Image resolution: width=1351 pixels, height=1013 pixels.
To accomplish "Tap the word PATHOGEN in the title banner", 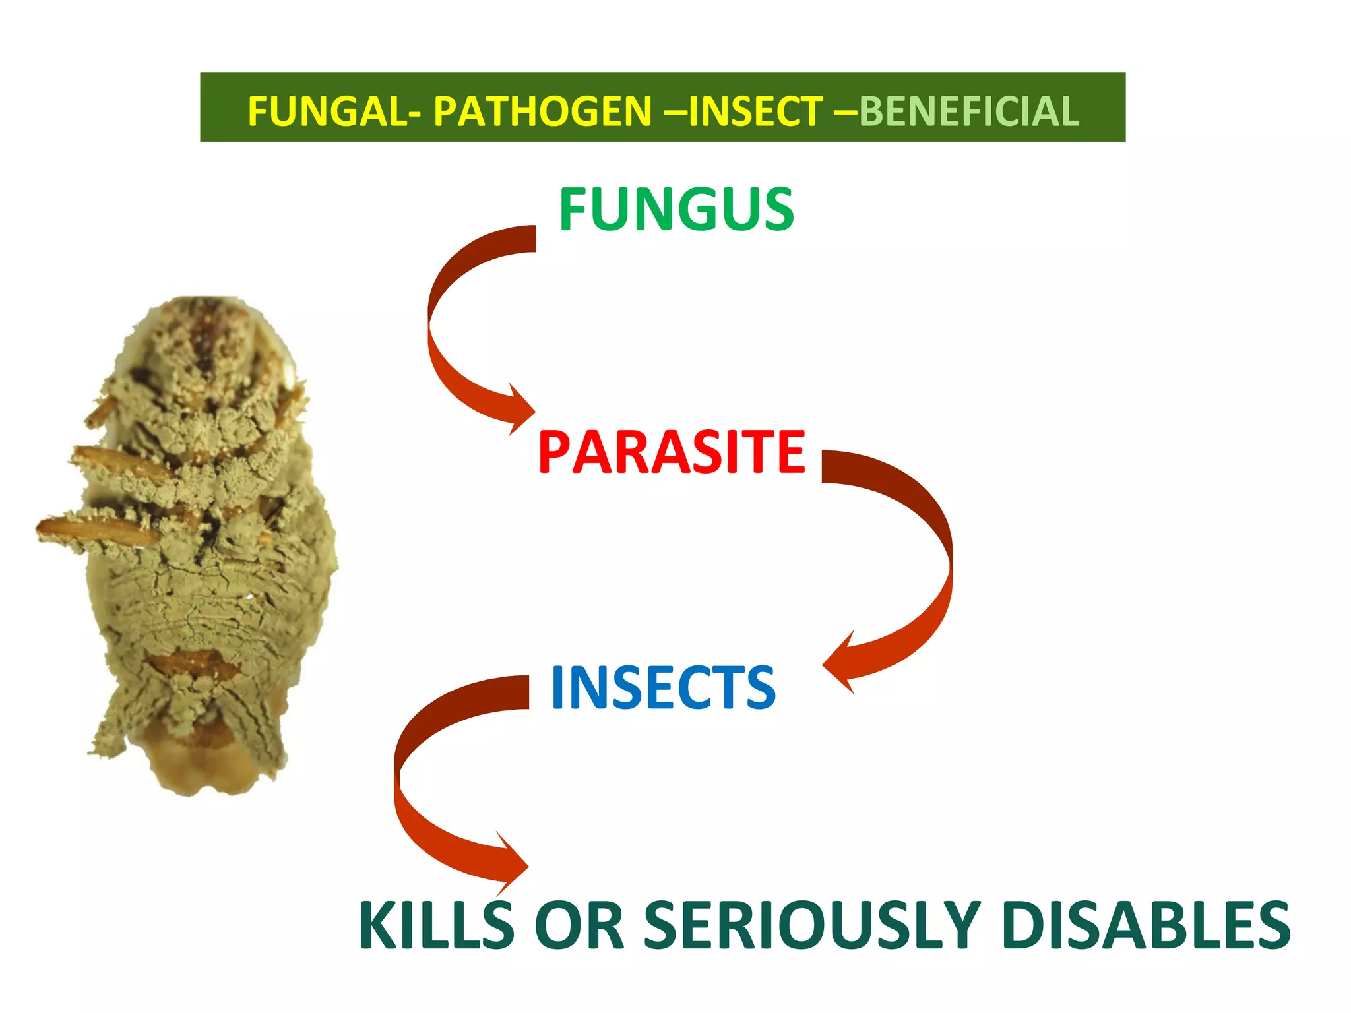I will coord(542,111).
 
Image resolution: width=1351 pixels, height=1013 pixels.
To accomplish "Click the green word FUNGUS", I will coord(676,209).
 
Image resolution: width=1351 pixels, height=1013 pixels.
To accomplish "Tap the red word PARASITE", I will coord(672,452).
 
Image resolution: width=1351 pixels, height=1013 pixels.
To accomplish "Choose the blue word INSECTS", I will coord(663,688).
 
